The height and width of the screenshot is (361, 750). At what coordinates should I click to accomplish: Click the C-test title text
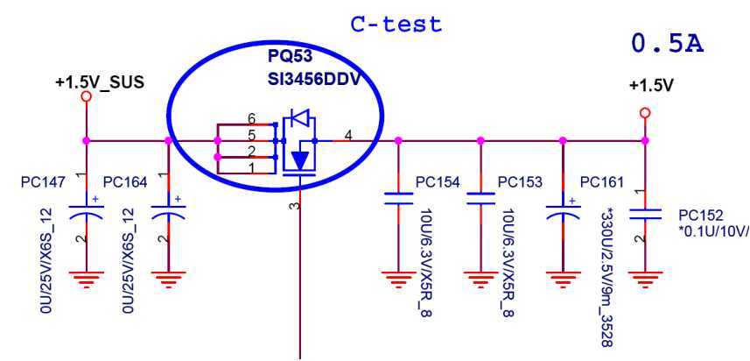(x=396, y=24)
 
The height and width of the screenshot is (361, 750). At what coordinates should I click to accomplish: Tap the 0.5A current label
(x=668, y=43)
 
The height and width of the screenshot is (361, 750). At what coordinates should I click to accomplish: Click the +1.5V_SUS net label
(x=99, y=82)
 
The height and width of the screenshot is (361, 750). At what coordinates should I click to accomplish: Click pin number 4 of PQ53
(x=348, y=134)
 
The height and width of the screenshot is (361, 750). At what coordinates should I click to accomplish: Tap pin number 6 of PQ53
(x=251, y=118)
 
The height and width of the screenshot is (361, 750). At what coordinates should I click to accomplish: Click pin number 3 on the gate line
(x=294, y=206)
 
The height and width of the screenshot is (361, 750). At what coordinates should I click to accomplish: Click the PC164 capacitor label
(x=126, y=182)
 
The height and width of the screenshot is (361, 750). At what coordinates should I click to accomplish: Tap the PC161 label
(x=603, y=182)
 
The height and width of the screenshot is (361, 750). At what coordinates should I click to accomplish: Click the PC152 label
(x=701, y=215)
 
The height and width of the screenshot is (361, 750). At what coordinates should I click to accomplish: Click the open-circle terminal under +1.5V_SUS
(x=86, y=97)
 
